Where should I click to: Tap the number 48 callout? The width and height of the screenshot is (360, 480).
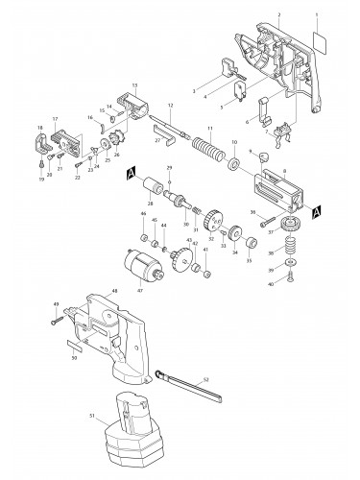(141, 291)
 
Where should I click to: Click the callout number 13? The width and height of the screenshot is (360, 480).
(134, 85)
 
